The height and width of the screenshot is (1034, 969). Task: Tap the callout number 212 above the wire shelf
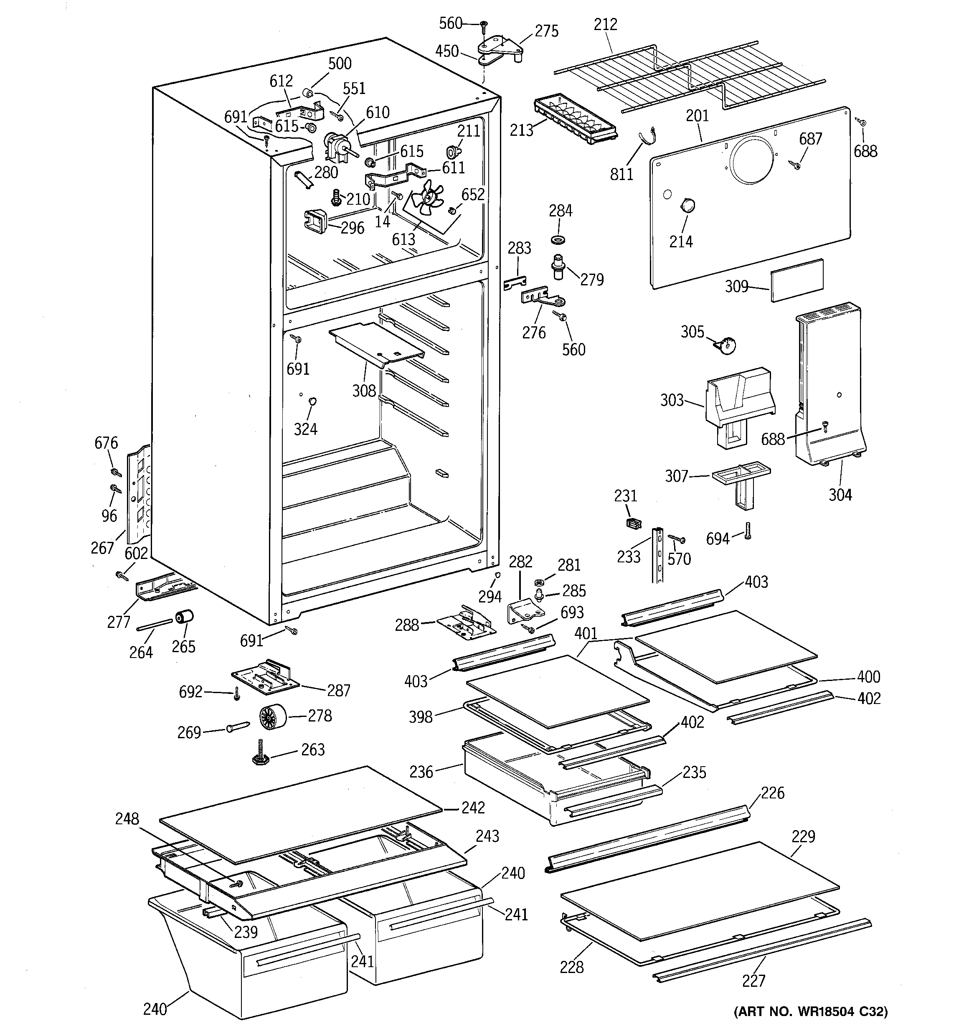point(606,25)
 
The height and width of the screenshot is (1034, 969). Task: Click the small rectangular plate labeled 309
point(797,280)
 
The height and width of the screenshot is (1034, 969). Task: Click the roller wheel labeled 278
point(273,718)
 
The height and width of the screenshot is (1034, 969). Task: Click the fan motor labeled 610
point(335,146)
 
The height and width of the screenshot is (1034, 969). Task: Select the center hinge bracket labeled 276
point(541,299)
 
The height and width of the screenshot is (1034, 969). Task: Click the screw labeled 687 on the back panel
point(796,165)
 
